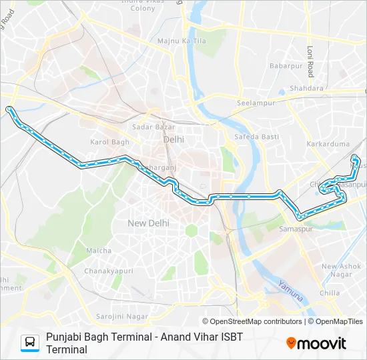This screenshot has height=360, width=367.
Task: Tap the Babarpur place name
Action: click(286, 66)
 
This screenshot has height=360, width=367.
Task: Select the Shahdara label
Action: click(307, 88)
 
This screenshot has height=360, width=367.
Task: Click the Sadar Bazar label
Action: click(153, 127)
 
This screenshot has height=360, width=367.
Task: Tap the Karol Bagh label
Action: click(109, 142)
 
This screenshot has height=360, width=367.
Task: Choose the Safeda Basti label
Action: click(251, 137)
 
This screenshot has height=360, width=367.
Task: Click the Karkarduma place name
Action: click(324, 143)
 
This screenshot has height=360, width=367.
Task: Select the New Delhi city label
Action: click(148, 223)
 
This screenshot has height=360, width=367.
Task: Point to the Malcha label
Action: click(99, 251)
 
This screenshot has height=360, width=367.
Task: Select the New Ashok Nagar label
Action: click(341, 271)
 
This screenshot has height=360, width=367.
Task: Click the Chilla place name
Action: click(330, 293)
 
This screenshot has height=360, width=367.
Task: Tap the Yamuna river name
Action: click(291, 289)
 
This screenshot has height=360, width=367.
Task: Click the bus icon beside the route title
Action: click(30, 343)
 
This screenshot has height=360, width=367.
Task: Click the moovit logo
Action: click(316, 343)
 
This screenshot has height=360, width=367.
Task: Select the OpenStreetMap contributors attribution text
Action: click(252, 321)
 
